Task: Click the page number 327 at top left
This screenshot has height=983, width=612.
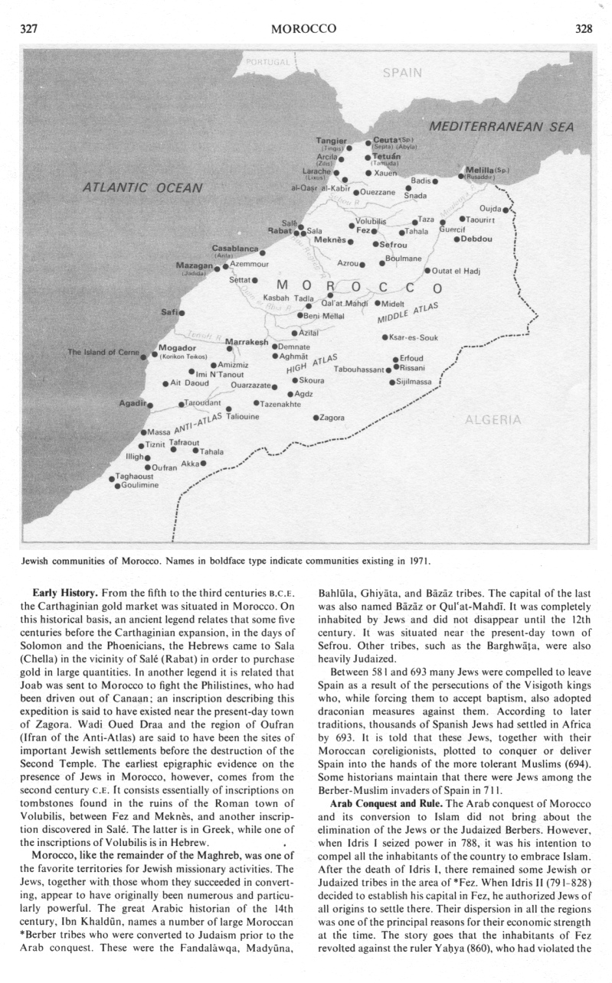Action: pos(28,29)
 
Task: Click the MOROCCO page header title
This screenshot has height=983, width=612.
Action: pos(305,29)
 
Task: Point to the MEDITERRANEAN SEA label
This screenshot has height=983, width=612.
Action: pos(501,127)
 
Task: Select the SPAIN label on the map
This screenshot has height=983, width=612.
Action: pos(401,73)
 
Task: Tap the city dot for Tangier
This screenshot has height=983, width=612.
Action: pos(349,148)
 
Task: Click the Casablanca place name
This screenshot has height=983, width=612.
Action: pos(235,249)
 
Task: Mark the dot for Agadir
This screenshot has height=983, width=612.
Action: pos(150,405)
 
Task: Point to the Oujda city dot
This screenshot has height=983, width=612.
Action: pos(506,210)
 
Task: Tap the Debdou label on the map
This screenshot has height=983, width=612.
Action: pos(478,239)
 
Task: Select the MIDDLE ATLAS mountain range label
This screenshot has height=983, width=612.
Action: pos(407,314)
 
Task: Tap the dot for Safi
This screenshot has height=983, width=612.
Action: pos(182,312)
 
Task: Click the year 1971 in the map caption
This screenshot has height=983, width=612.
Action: pos(417,561)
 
